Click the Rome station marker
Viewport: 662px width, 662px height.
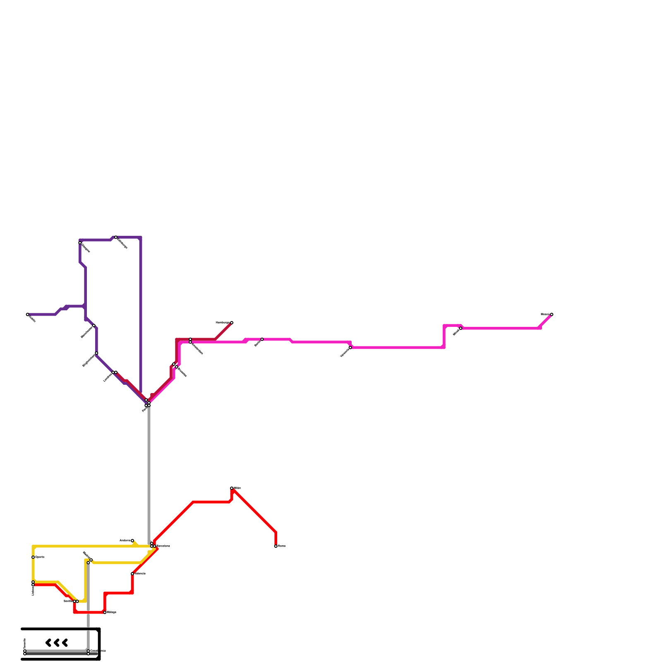276,546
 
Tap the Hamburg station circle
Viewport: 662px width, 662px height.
232,323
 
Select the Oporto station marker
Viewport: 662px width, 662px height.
33,557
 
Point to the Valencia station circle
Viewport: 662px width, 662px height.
132,574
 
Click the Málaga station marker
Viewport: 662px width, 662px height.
105,612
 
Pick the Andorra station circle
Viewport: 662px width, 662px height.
132,541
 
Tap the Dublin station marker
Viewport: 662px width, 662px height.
28,314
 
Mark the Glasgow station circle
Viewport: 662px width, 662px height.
80,243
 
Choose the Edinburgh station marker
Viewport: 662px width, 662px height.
116,237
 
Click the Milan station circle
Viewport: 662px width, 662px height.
232,488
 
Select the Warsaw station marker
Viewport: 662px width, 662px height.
350,348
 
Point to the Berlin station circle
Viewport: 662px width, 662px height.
262,339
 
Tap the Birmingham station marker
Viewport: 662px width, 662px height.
96,353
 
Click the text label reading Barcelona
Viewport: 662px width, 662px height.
163,546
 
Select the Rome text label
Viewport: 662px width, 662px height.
282,546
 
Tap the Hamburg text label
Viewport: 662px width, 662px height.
223,322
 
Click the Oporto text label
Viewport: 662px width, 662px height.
40,557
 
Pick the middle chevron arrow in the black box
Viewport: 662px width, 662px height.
57,643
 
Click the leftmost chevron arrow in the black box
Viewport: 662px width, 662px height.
48,643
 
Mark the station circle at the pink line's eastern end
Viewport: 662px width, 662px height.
552,314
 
